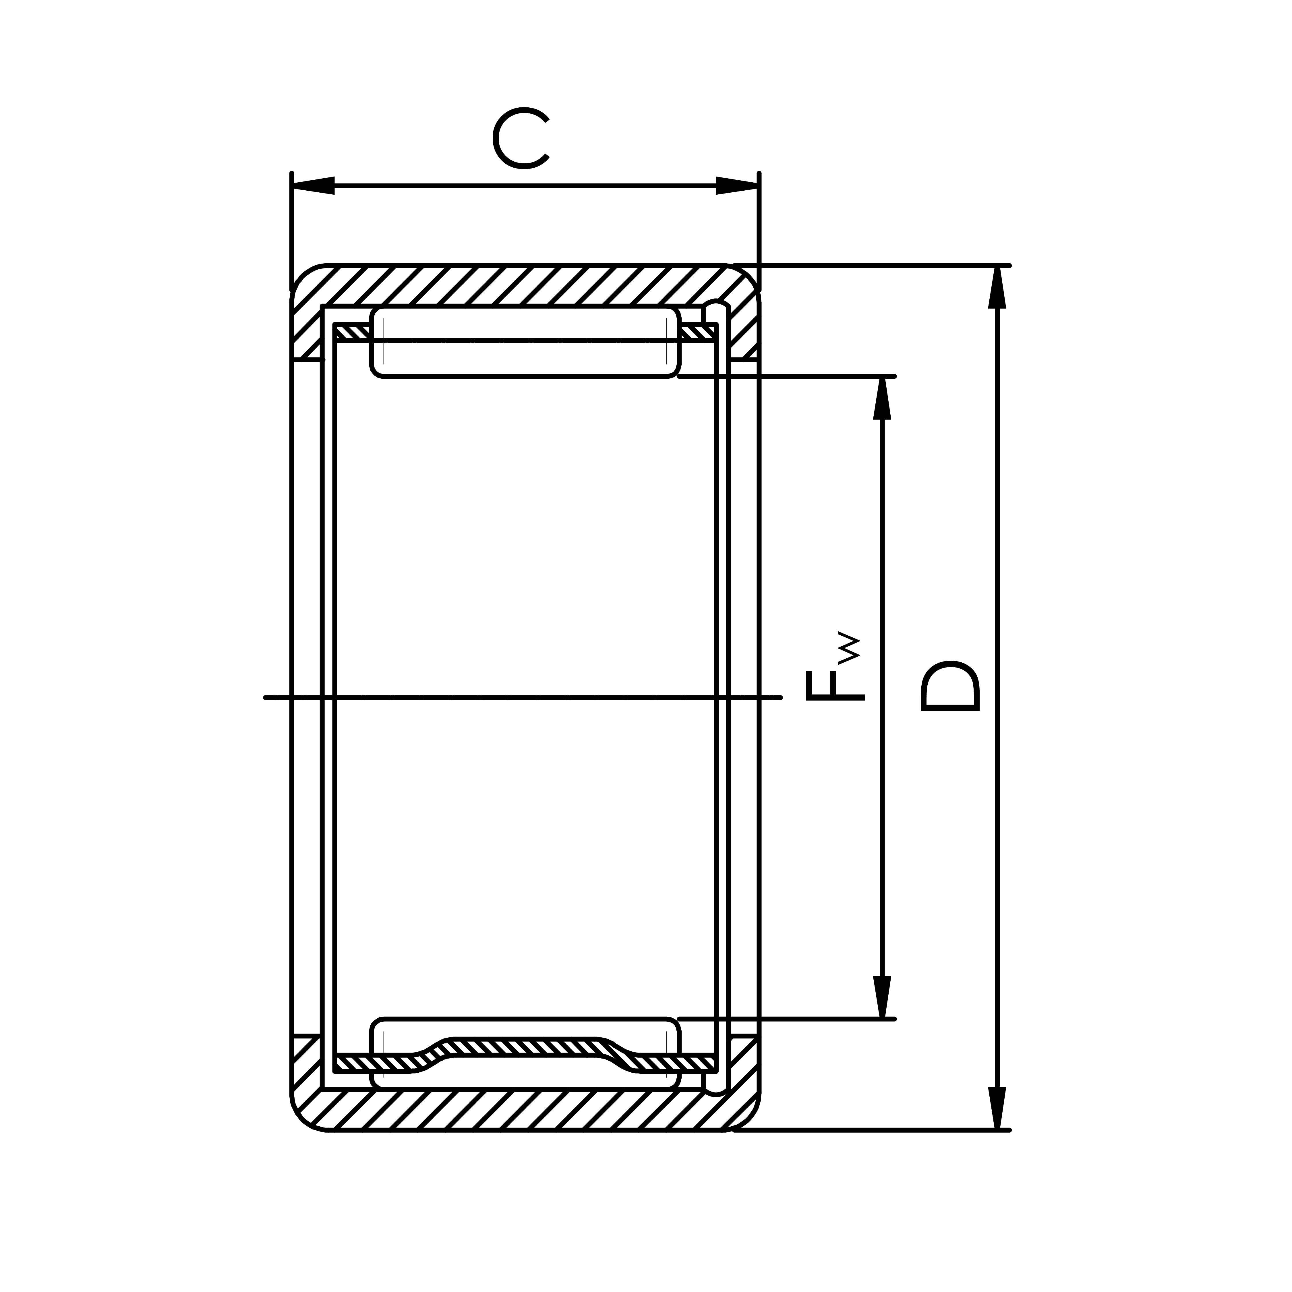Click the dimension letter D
pos(949,686)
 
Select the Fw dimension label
pos(835,669)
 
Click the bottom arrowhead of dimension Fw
pos(883,996)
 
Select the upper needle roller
pos(525,343)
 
